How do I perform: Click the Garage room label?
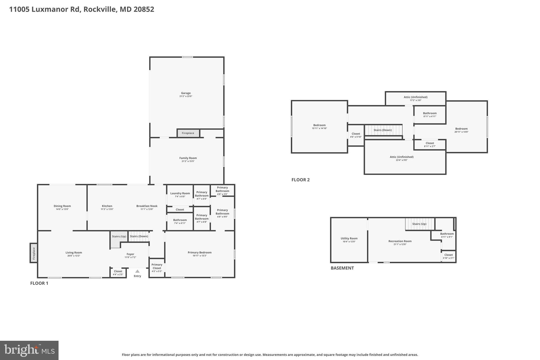tap(186, 93)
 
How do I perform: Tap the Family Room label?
tap(188, 158)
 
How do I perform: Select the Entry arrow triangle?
tap(137, 271)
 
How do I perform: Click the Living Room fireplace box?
tap(33, 253)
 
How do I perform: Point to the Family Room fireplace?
tap(188, 133)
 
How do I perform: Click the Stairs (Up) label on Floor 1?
tap(119, 236)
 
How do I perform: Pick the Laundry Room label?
tap(180, 193)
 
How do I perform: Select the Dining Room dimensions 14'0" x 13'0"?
tap(62, 209)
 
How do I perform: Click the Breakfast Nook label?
tap(147, 206)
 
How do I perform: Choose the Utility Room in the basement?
tap(349, 240)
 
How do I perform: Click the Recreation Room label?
tap(400, 241)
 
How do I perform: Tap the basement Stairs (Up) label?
tap(419, 224)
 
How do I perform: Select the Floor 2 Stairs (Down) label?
tap(383, 130)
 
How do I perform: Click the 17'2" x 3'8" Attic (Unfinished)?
tap(416, 98)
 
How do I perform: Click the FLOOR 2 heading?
tap(300, 180)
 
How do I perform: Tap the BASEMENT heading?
tap(342, 268)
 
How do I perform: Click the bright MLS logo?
tap(29, 350)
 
